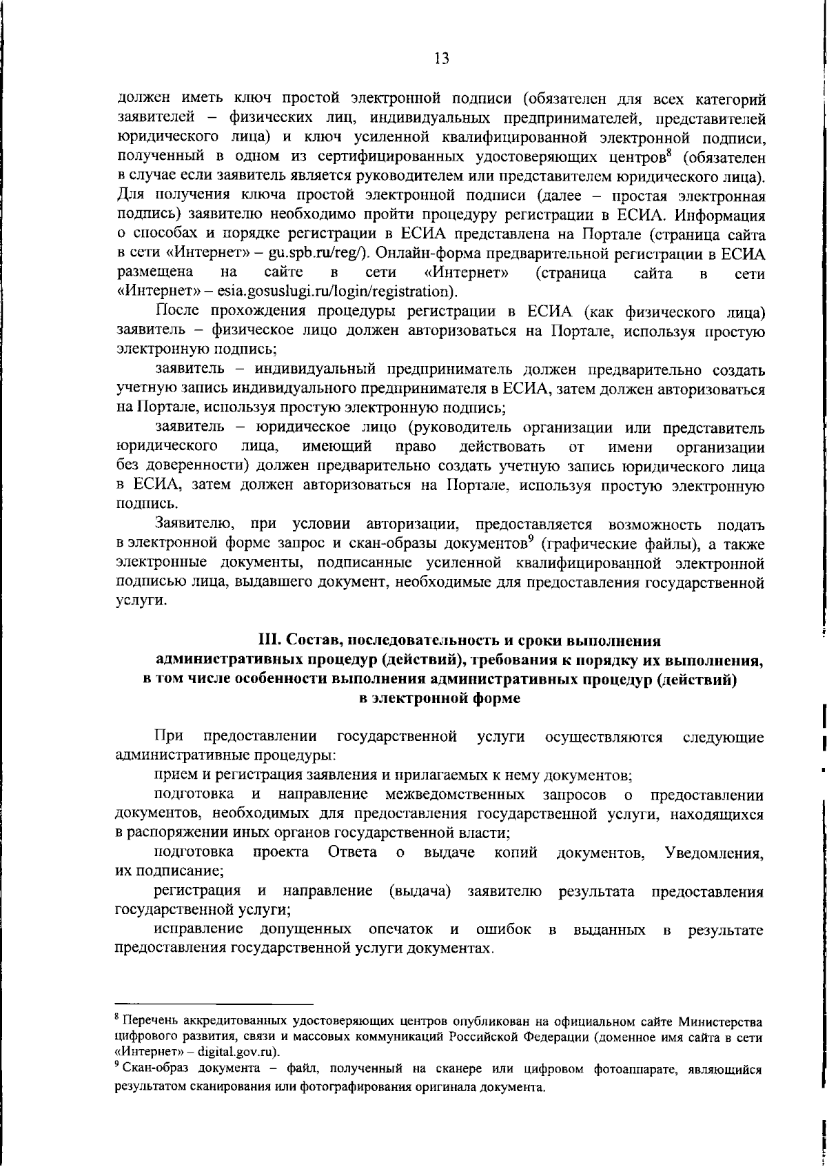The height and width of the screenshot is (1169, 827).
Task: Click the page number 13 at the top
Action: [442, 59]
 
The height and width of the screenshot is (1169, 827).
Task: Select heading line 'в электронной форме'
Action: [441, 699]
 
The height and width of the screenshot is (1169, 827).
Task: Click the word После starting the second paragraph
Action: [178, 313]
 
